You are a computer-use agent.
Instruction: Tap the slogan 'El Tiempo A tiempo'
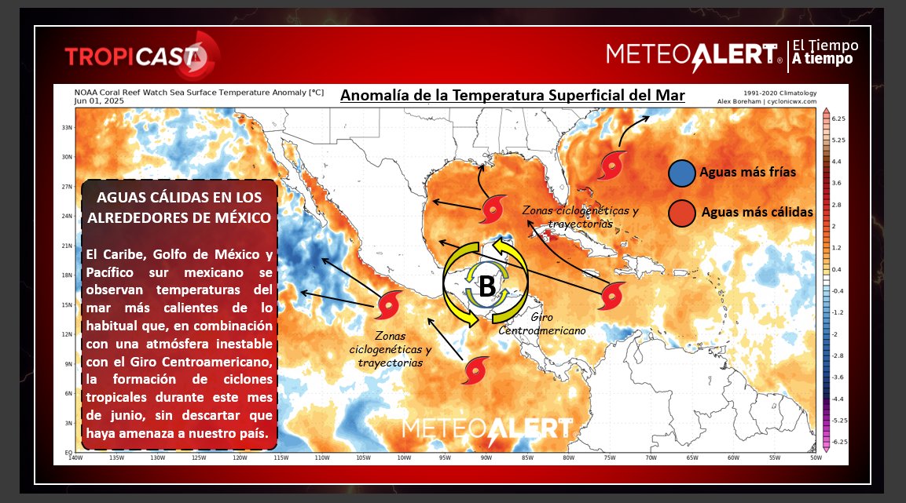point(824,53)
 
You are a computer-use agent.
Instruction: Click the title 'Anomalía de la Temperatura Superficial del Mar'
point(512,96)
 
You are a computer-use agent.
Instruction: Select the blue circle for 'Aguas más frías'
point(681,173)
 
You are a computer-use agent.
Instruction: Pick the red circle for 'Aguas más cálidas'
point(681,212)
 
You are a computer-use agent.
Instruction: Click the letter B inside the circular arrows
point(487,287)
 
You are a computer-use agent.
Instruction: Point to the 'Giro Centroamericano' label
point(542,325)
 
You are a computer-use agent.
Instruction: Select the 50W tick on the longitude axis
point(815,458)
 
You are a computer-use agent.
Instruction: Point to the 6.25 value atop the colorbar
point(838,118)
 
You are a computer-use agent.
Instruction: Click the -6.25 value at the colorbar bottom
point(838,442)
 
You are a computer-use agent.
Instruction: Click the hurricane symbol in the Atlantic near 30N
point(611,166)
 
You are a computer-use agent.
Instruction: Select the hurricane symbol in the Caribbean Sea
point(613,296)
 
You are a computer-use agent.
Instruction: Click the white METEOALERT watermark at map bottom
point(487,428)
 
